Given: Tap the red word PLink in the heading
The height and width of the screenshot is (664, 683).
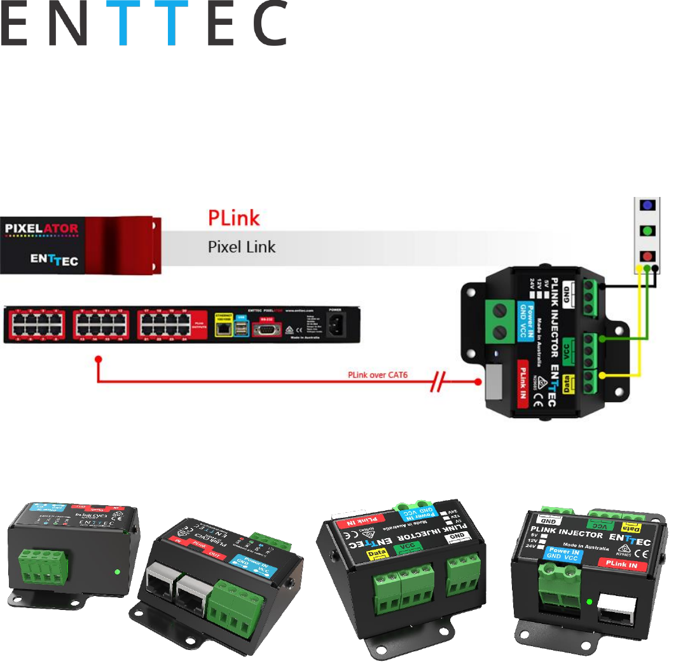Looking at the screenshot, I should (x=234, y=218).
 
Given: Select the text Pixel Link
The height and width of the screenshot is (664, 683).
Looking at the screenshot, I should (x=242, y=247).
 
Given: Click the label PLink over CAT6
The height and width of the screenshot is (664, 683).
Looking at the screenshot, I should (x=377, y=375).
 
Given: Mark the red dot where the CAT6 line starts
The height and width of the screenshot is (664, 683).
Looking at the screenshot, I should (x=98, y=360).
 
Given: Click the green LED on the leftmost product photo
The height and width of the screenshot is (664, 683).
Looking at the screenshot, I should (x=118, y=571).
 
